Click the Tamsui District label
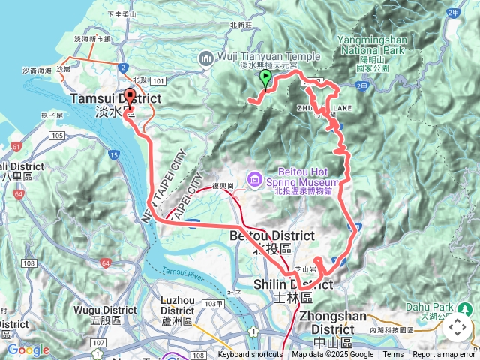coord(116,99)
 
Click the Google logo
coord(28,349)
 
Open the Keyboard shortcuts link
coord(250,355)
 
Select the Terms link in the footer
coord(393,355)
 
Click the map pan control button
coord(457,327)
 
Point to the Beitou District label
coord(261,236)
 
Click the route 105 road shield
coord(57,135)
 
